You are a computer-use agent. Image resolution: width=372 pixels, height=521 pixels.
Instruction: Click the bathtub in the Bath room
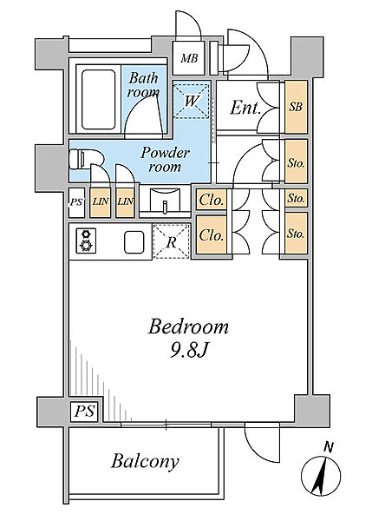pos(98,99)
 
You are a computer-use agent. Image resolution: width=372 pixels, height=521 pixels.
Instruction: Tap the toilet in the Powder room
pos(87,160)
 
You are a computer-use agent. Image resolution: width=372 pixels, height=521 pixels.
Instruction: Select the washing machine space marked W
pos(192,101)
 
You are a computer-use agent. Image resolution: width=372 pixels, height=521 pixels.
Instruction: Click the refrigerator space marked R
pos(172,241)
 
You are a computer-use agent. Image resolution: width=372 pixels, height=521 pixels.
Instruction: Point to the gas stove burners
pos(87,241)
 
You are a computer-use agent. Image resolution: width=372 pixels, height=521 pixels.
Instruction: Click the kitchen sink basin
pos(134,242)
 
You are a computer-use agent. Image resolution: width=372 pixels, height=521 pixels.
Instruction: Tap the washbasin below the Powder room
pos(165,200)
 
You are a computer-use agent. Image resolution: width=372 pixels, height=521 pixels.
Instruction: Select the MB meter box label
pos(189,59)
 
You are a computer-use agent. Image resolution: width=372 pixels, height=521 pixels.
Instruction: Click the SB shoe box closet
pos(296,107)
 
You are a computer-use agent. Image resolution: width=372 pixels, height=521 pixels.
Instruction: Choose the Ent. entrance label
pos(245,108)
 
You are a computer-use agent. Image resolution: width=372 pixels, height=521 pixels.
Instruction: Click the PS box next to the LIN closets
pos(76,202)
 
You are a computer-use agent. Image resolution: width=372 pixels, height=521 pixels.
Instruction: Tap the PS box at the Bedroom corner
pos(85,412)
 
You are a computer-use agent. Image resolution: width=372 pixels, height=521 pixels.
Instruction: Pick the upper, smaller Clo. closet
pos(212,200)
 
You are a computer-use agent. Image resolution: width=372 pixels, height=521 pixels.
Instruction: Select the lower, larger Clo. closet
pos(212,235)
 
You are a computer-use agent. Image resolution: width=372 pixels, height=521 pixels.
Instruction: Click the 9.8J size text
pos(188,350)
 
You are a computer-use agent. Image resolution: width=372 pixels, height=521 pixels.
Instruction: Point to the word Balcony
pos(145,462)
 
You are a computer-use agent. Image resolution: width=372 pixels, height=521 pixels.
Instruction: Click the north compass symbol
pos(321,473)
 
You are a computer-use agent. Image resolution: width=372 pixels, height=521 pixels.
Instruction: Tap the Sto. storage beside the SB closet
pos(296,162)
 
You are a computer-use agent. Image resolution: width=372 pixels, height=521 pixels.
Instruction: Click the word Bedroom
pos(188,326)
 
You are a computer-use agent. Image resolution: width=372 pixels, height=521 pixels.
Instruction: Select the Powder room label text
pos(165,160)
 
